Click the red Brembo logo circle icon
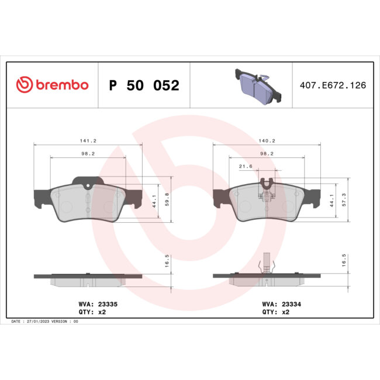24,85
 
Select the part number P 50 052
144,86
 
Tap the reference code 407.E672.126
332,85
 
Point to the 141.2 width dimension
88,140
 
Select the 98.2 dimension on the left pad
88,153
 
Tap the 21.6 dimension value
246,167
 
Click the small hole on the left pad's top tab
88,186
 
